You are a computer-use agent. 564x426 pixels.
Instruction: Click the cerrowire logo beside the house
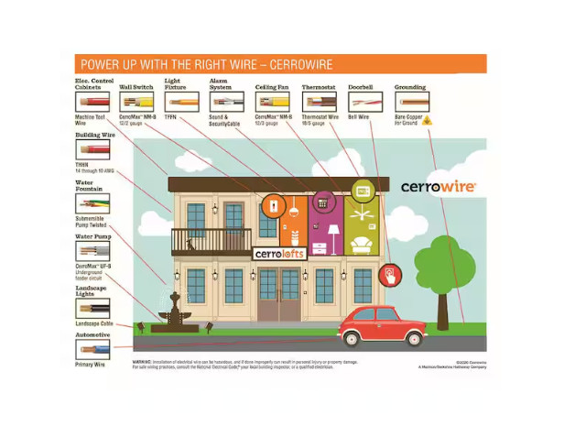tap(438, 187)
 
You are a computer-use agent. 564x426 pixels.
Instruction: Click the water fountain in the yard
tap(175, 311)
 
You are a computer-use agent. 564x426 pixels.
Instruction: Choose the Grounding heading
tap(410, 88)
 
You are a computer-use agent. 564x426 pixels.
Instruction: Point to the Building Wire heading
tap(93, 135)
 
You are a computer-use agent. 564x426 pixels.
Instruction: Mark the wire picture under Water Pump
tap(93, 250)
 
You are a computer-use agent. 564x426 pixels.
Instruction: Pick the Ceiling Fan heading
tap(272, 88)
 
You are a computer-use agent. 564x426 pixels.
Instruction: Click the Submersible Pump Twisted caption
tap(92, 220)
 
